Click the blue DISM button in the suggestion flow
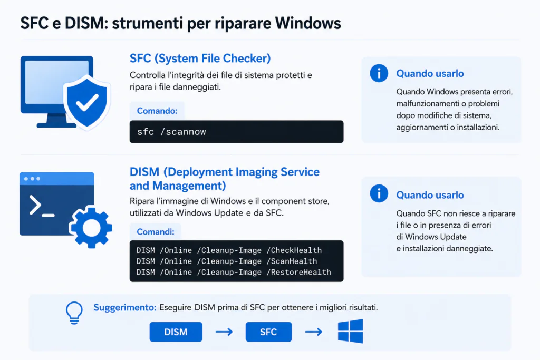click(176, 332)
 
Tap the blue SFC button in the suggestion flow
click(268, 332)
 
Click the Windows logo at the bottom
click(350, 331)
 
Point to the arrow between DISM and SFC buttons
click(224, 332)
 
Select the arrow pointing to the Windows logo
click(314, 332)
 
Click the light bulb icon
click(74, 313)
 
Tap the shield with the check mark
click(87, 102)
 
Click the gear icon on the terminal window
click(91, 227)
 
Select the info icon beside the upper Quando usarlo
click(379, 73)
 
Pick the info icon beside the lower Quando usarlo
click(379, 193)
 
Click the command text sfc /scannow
click(171, 132)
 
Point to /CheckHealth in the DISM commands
click(294, 250)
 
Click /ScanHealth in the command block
click(292, 261)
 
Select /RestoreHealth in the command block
click(298, 272)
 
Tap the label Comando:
click(157, 111)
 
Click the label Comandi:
click(156, 232)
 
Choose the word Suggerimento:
click(124, 307)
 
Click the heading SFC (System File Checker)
click(200, 59)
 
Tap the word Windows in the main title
click(308, 23)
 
